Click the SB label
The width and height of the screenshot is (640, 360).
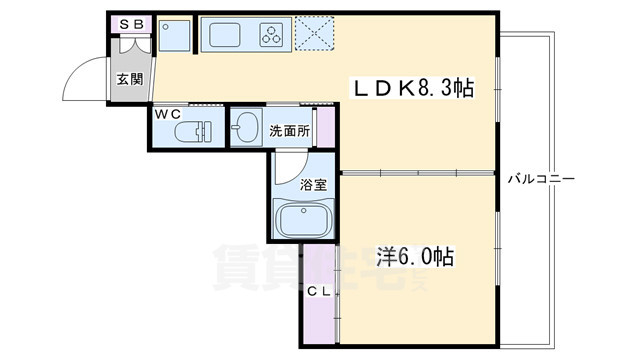tap(130, 23)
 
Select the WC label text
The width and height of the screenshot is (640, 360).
tap(167, 114)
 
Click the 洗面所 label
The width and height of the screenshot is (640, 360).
tap(289, 129)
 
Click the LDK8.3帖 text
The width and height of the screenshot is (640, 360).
tap(411, 88)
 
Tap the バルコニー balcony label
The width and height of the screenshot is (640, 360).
tap(540, 179)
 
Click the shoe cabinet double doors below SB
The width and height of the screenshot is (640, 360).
tap(132, 44)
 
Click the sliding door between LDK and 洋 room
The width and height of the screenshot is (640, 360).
tap(420, 173)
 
